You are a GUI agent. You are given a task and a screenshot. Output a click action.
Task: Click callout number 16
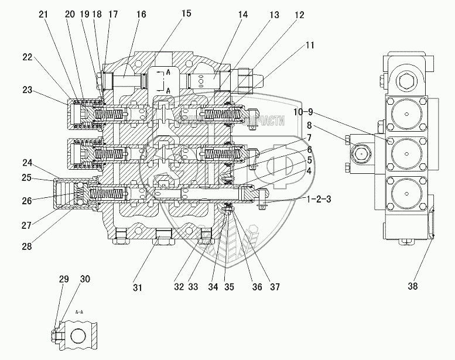point(141,15)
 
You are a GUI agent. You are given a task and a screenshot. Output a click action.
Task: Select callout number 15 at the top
point(186,13)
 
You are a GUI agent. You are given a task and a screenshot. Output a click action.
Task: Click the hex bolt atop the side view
point(405,80)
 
